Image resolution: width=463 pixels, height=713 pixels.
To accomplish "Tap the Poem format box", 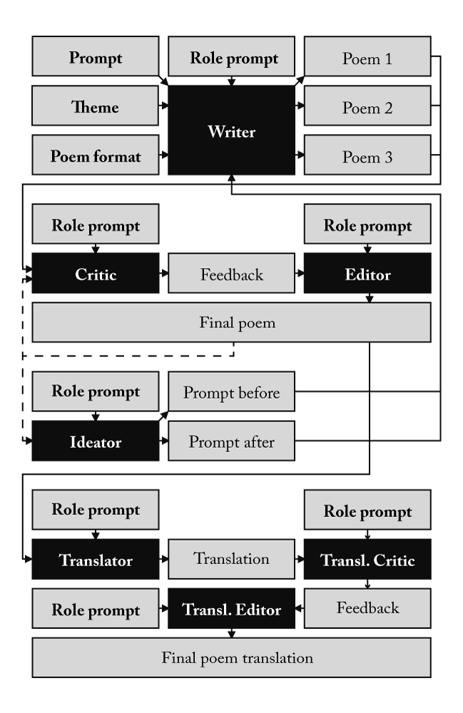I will click(x=95, y=155).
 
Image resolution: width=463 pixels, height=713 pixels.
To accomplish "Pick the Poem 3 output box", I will click(x=367, y=155).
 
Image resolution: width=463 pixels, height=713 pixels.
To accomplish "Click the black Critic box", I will click(x=95, y=274).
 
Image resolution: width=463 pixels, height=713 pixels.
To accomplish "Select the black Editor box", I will click(x=367, y=274).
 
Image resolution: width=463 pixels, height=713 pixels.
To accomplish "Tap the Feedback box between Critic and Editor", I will click(x=231, y=274).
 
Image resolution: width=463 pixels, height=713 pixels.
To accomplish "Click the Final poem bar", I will click(x=231, y=322).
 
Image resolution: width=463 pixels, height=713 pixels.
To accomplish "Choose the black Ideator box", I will click(x=95, y=441).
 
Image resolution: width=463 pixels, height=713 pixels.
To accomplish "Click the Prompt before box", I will click(x=231, y=391).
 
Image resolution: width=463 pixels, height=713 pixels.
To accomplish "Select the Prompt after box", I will click(x=231, y=441).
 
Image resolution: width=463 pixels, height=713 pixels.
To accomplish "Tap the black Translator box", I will click(x=95, y=560).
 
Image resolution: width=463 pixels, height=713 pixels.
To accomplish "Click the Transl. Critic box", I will click(x=367, y=560).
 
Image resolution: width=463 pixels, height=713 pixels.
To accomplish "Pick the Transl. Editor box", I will click(x=231, y=609).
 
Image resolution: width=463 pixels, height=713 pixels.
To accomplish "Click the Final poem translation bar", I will click(x=231, y=657).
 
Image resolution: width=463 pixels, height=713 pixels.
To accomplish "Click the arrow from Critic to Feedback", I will click(x=163, y=274).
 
